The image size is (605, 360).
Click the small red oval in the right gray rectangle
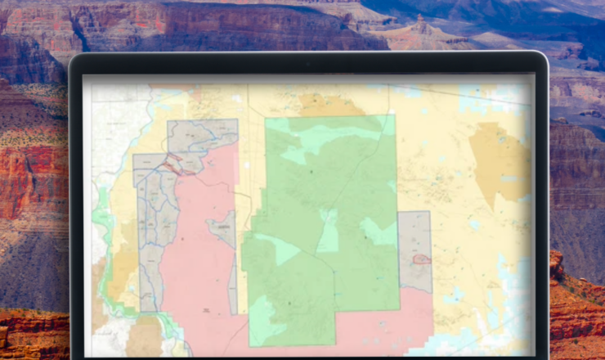click(422, 259)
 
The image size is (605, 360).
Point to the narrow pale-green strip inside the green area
click(328, 230)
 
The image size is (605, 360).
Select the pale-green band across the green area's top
click(327, 131)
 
